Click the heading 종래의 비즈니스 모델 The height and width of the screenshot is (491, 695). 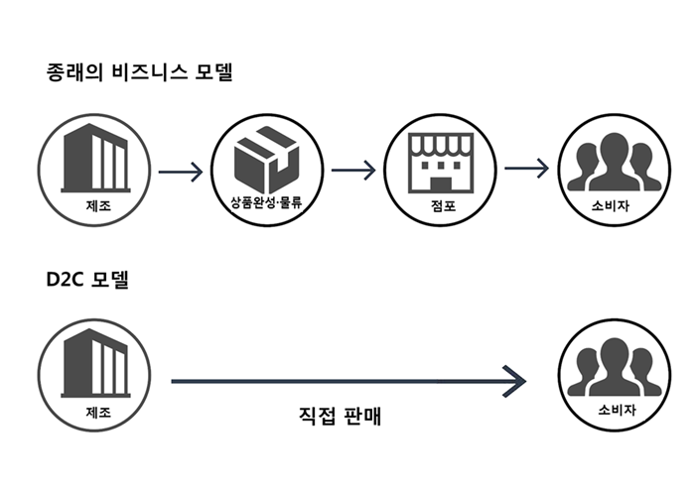[140, 72]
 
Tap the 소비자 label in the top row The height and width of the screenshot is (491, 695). [607, 206]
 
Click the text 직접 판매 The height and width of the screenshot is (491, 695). [341, 417]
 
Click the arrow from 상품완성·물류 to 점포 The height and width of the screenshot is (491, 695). [352, 169]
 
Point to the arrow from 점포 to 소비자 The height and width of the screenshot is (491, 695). [526, 169]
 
